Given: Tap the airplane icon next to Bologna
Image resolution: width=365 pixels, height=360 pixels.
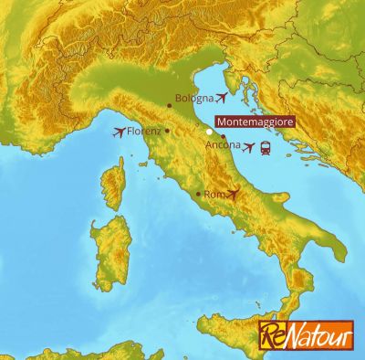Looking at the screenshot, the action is pos(222,97).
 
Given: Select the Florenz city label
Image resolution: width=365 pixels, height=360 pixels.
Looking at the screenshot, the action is pos(145,132).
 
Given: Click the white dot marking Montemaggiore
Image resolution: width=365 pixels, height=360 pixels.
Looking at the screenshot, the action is pos(209,132).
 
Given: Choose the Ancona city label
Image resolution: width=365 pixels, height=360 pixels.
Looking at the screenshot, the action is pos(224,145).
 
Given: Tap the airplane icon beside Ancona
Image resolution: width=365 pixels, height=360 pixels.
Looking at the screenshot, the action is pos(250,147).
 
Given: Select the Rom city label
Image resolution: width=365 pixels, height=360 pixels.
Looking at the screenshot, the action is pos(214,195).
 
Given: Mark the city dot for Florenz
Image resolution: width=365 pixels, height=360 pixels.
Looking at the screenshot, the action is pos(167,131).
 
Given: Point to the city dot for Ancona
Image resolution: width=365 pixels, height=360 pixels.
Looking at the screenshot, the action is pos(223,136).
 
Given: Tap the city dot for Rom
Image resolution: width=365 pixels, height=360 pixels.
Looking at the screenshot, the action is pos(199,194).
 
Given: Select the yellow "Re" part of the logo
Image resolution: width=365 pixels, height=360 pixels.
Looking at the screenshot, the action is pos(273,335).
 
